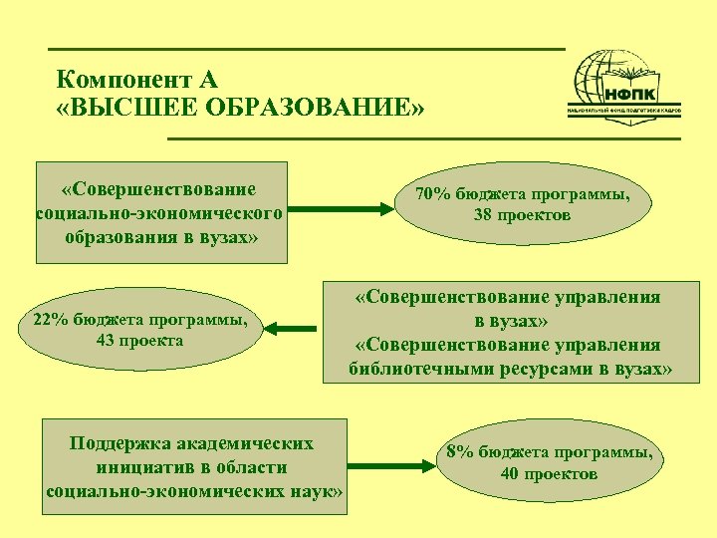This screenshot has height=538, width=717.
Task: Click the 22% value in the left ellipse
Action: coord(50,320)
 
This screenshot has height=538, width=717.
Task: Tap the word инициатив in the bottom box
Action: coord(142,467)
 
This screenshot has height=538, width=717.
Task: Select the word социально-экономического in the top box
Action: coord(159,213)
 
